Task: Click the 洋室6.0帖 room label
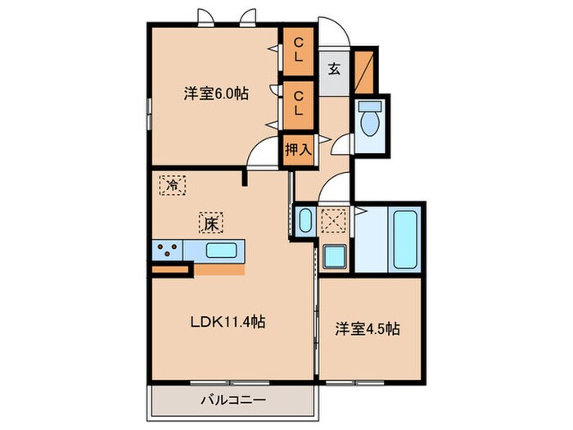point(215,94)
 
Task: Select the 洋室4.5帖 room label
point(368,329)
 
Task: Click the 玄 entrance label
point(335,69)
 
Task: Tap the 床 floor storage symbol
point(210,222)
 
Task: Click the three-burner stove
point(168,250)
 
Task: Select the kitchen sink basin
point(221,250)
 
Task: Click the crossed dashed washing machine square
point(334,222)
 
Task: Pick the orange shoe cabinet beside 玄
point(366,69)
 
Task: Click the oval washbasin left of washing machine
point(305,221)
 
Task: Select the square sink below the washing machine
point(334,256)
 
